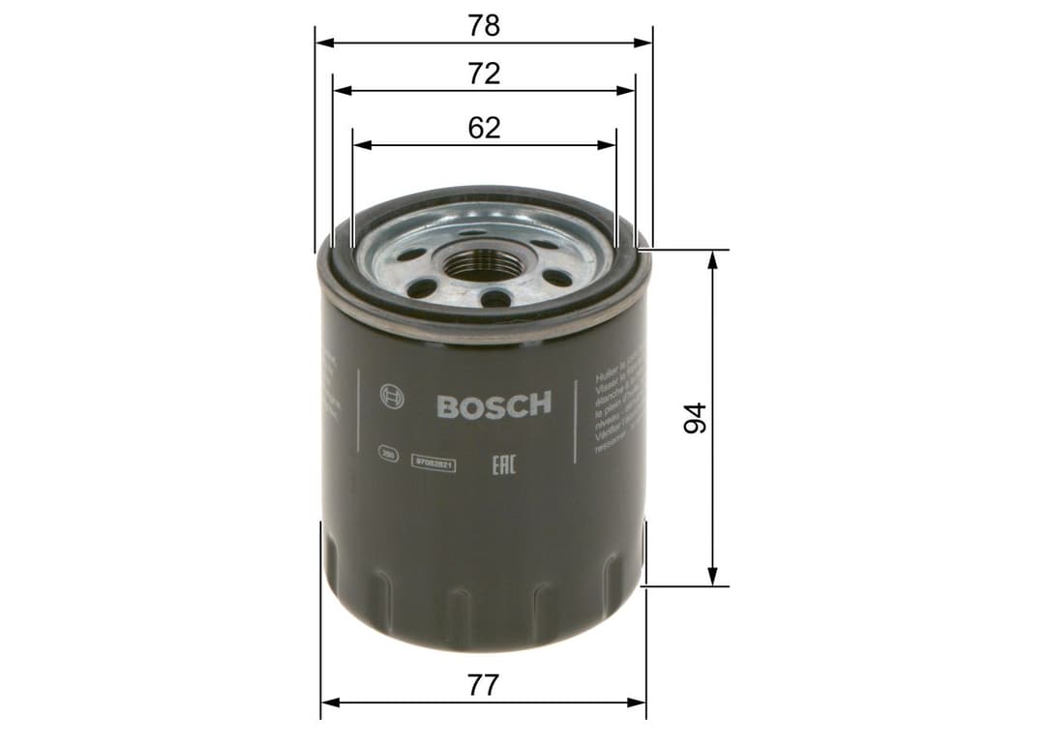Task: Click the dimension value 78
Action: (484, 25)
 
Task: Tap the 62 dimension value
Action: (484, 127)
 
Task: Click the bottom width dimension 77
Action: (483, 686)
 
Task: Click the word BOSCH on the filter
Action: (493, 404)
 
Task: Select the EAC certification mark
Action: (503, 464)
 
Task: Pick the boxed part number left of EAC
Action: (434, 464)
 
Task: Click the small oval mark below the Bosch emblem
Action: (388, 452)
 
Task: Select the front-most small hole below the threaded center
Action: (495, 298)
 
